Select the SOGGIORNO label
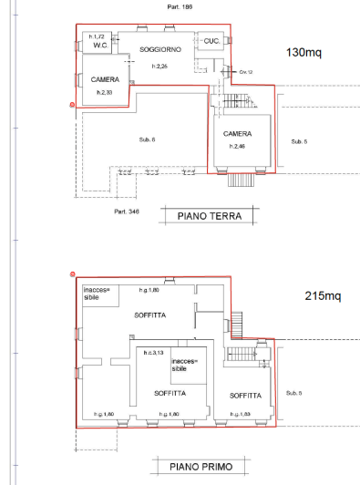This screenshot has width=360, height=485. pyautogui.click(x=160, y=48)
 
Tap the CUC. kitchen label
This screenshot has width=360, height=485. pyautogui.click(x=211, y=41)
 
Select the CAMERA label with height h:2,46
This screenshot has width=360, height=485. pyautogui.click(x=238, y=134)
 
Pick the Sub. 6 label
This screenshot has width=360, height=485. pyautogui.click(x=147, y=139)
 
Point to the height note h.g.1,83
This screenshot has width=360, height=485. pyautogui.click(x=242, y=415)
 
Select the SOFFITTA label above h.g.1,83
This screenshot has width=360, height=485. pyautogui.click(x=245, y=396)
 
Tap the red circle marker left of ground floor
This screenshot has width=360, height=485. pyautogui.click(x=72, y=106)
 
